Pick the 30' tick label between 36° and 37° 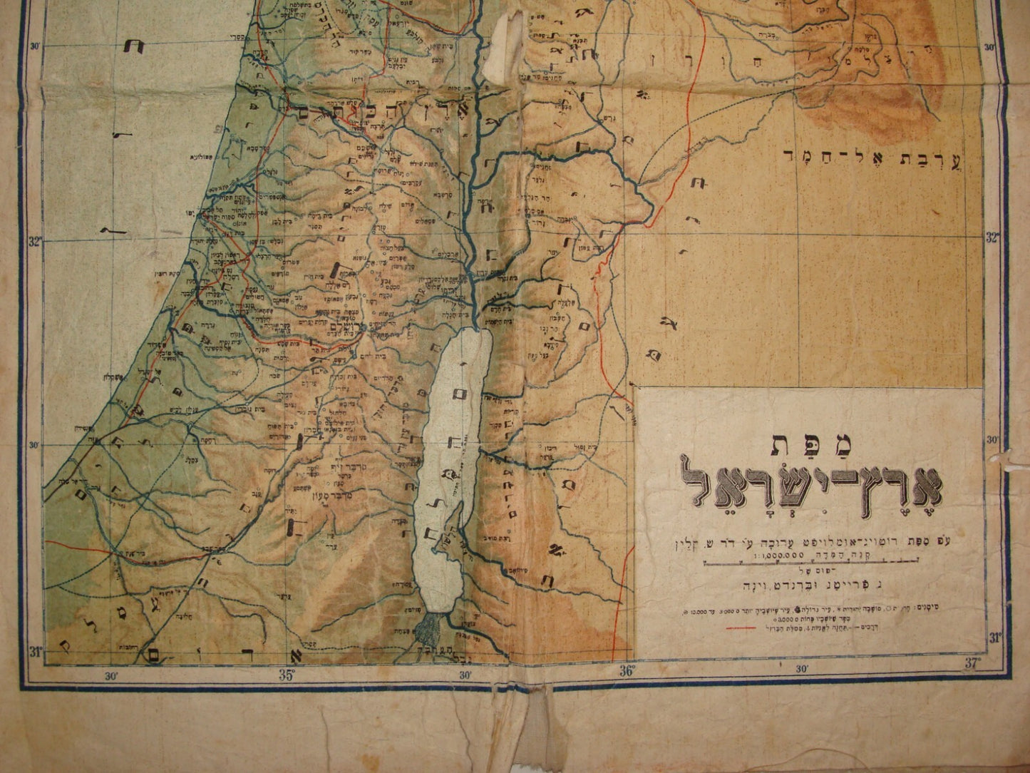click(801, 669)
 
